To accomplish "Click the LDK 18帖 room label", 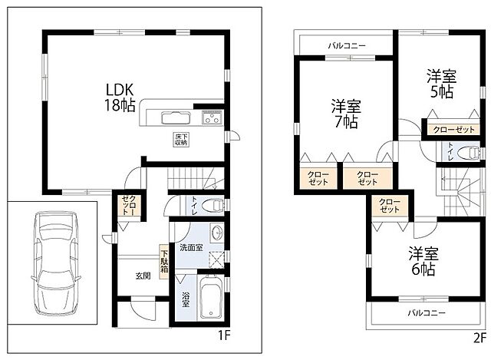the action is (120, 97).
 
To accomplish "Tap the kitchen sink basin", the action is (176, 117).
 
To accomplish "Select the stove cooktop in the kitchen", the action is (213, 117).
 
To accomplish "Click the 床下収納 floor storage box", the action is (181, 140).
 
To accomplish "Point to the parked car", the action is (55, 263).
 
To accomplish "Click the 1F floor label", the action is (224, 336).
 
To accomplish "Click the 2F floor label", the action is (479, 339).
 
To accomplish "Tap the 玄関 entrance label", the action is (143, 276).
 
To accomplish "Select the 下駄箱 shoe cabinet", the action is (164, 262).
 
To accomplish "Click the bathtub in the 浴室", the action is (211, 297).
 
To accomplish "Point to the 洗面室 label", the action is (191, 247).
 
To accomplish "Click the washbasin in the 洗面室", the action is (216, 233).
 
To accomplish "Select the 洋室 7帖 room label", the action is (346, 114).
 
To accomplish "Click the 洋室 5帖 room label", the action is (442, 84).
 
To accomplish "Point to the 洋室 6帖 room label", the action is (423, 261).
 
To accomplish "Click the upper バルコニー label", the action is (347, 46).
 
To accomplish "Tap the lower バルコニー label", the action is (427, 312).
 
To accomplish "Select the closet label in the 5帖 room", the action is (453, 130).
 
